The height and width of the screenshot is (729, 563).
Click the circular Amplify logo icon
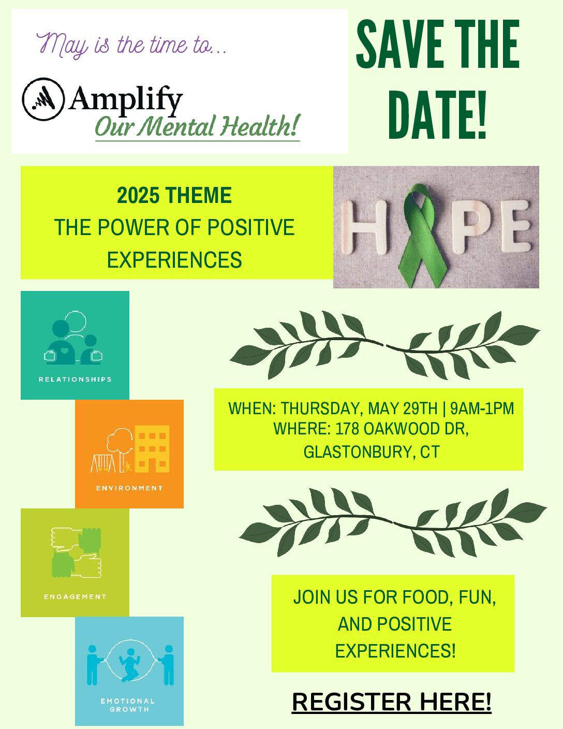pyautogui.click(x=43, y=99)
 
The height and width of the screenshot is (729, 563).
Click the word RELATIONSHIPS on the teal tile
pyautogui.click(x=75, y=380)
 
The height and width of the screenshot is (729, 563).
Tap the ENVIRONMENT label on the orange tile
pyautogui.click(x=129, y=488)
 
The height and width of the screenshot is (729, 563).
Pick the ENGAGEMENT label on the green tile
pyautogui.click(x=75, y=597)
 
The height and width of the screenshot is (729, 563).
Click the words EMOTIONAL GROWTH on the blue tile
pyautogui.click(x=128, y=705)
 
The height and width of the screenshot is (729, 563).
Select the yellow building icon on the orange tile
pyautogui.click(x=152, y=449)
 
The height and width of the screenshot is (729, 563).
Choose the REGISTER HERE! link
pyautogui.click(x=392, y=702)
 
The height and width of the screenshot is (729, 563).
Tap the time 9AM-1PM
pyautogui.click(x=482, y=409)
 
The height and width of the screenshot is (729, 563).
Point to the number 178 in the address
pyautogui.click(x=347, y=428)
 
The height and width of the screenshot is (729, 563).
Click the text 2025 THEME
pyautogui.click(x=174, y=195)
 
